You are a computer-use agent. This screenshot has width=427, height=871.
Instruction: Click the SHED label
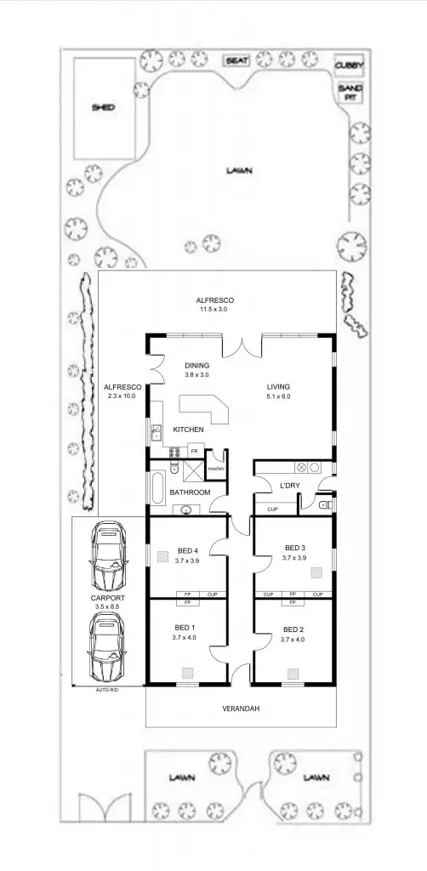pos(103,108)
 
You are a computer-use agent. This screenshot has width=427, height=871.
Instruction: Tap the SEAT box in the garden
pos(236,60)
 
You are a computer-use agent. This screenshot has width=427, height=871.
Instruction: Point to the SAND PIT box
pos(347,92)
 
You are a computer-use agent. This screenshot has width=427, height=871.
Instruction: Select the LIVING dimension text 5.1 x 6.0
pos(278,396)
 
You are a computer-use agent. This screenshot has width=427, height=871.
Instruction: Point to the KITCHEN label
pos(188,430)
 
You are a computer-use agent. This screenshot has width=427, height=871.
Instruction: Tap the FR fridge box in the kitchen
pos(194,451)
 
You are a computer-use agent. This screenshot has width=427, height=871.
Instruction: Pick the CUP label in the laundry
pos(272,509)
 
